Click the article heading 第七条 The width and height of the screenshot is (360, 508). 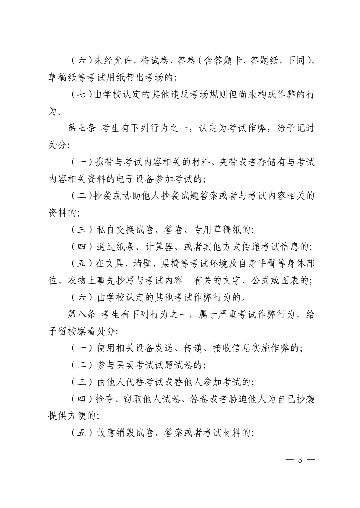coord(82,129)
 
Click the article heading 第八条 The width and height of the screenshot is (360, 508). coord(82,315)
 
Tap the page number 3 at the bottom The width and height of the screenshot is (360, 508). coord(300,460)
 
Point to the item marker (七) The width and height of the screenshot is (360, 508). coord(82,95)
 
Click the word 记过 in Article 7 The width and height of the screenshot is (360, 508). coord(305,129)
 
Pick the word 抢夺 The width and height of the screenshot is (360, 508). coord(105,399)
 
